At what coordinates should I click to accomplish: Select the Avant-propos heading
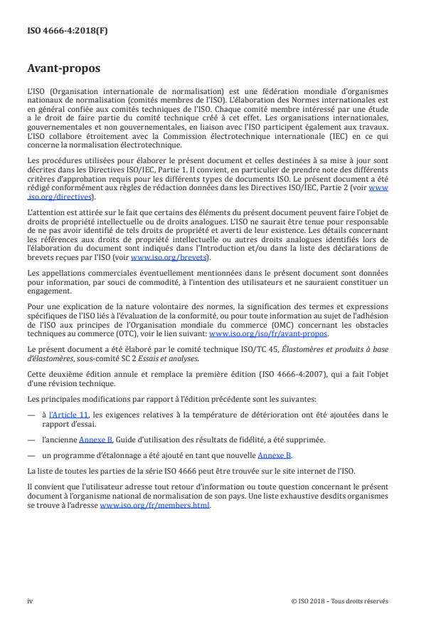65,70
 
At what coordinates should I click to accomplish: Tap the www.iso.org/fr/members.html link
154,506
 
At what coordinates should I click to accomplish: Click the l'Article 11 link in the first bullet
68,413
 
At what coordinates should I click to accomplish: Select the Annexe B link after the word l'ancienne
95,440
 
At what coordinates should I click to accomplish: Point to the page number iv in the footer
30,600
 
